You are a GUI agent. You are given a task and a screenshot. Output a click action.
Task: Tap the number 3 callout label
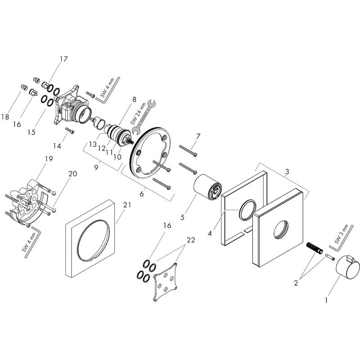[x=198, y=136]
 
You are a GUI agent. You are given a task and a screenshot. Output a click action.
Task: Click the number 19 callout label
[x=49, y=159]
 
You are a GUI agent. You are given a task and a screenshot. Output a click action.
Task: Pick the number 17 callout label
[x=63, y=58]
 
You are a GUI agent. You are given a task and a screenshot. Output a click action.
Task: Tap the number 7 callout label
[x=198, y=136]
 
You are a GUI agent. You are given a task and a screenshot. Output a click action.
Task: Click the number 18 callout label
[x=5, y=117]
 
